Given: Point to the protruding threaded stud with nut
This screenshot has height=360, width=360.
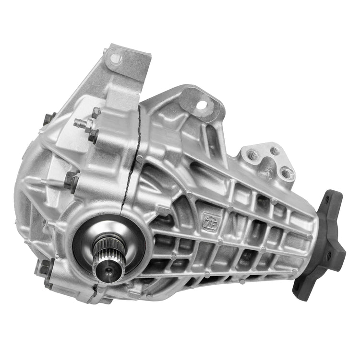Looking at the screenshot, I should (x=82, y=123).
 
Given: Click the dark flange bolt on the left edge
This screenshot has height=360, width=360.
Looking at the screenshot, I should (x=71, y=181).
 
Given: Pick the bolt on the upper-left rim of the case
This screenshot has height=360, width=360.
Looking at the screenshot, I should (x=49, y=118).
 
